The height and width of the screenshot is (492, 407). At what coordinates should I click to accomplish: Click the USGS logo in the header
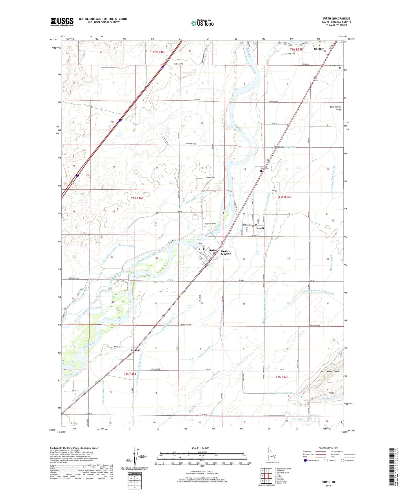(x=62, y=22)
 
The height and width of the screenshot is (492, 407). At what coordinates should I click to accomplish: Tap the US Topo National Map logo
(x=202, y=23)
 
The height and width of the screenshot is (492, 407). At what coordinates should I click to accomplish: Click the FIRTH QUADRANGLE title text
(x=337, y=19)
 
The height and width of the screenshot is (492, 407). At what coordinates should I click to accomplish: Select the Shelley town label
(x=319, y=49)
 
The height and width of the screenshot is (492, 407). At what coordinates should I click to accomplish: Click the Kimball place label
(x=135, y=350)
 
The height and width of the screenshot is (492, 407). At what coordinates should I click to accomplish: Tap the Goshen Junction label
(x=226, y=252)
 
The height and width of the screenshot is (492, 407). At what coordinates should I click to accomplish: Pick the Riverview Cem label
(x=210, y=224)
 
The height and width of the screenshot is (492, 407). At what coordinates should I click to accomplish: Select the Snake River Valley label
(x=335, y=108)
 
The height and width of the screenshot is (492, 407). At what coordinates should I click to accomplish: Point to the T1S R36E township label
(x=137, y=198)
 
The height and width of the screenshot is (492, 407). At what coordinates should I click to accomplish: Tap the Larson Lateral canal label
(x=126, y=246)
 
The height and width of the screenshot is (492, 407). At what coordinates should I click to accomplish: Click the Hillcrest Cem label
(x=334, y=66)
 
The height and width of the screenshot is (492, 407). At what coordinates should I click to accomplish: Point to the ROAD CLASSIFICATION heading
(x=328, y=448)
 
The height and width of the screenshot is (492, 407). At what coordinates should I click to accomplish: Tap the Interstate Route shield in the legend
(x=305, y=460)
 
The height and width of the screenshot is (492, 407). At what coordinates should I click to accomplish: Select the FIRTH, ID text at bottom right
(x=328, y=482)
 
